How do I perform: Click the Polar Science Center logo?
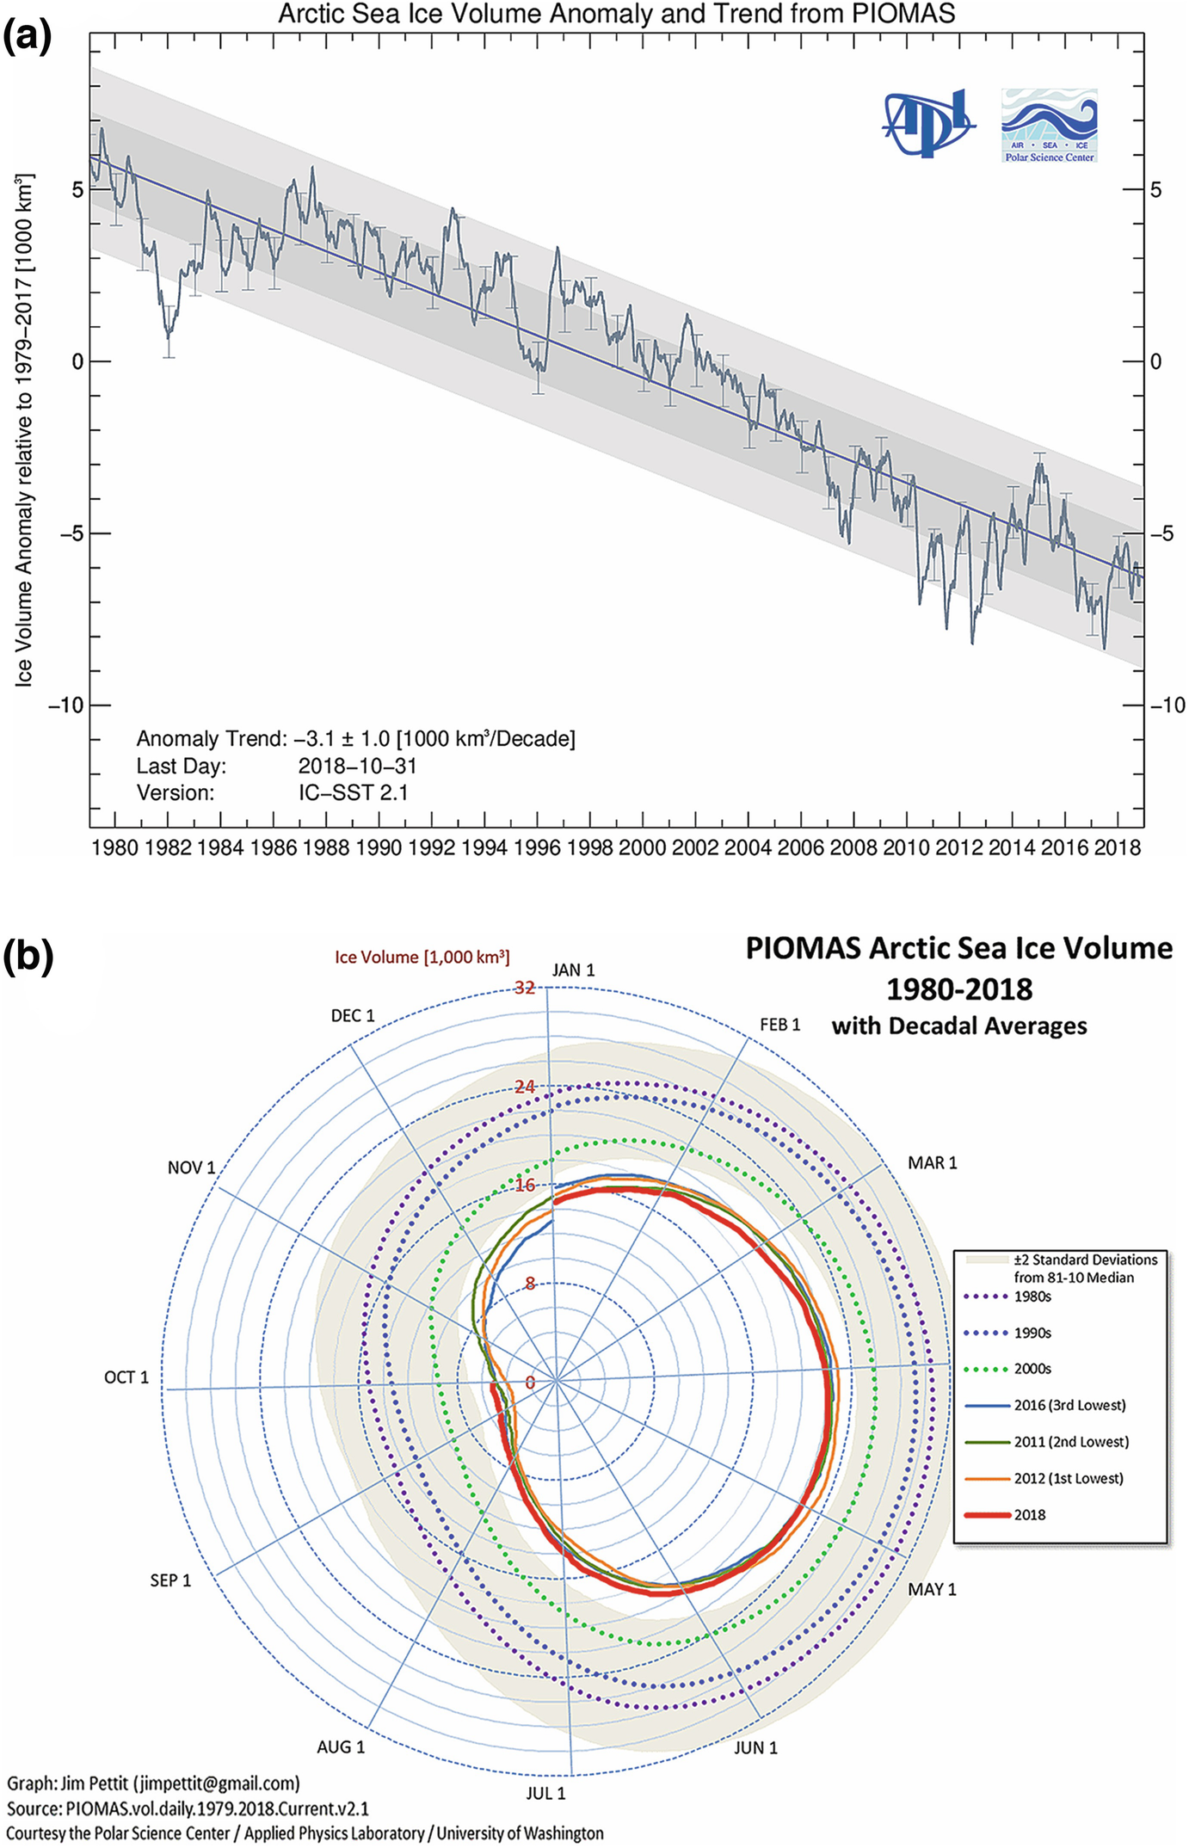pos(1049,125)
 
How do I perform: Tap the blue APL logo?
pos(929,123)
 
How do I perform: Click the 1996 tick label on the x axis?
pos(537,847)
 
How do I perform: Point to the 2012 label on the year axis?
pos(958,847)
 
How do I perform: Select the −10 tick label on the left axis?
pos(66,705)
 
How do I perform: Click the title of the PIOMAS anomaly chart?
pos(616,14)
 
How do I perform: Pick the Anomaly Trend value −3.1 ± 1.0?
pos(434,738)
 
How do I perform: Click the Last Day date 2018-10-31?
pos(357,766)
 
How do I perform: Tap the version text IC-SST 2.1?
pos(353,792)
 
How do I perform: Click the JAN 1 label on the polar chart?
pos(573,970)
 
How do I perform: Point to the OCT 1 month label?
pos(126,1377)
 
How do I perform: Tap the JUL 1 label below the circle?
pos(545,1793)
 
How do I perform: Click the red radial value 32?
pos(525,988)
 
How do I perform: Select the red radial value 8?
pos(530,1283)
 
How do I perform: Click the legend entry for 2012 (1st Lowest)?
pos(1068,1477)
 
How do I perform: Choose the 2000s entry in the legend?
pos(1032,1368)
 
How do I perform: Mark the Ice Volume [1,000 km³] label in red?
pos(422,957)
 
